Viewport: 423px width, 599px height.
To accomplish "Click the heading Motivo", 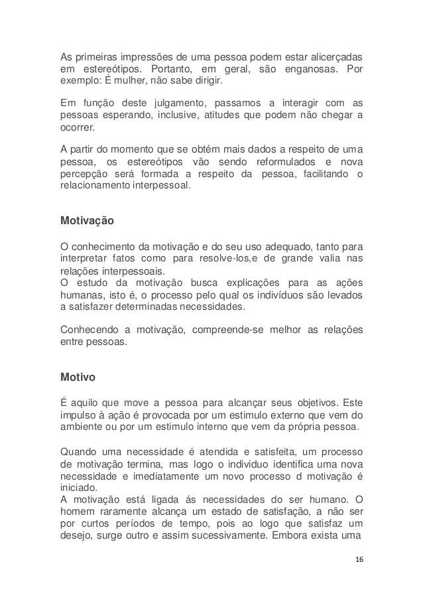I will pos(78,378).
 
